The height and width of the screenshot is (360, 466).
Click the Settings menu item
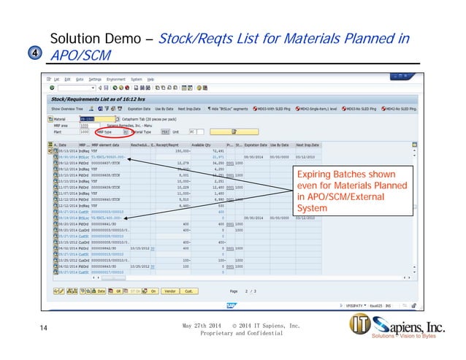pos(95,79)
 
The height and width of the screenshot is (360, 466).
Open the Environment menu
pos(116,79)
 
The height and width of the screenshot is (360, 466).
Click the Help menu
pos(150,79)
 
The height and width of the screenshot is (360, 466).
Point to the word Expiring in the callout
pos(314,176)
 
